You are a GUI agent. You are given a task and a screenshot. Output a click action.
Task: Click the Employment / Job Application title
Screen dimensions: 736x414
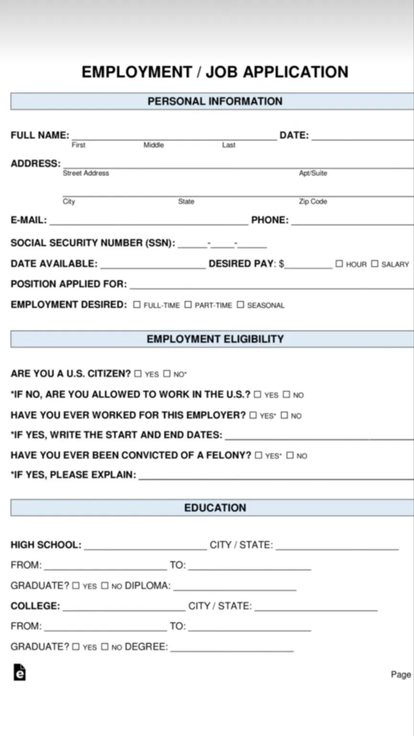[215, 72]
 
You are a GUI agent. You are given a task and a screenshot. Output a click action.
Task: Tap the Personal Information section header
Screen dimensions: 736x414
[215, 101]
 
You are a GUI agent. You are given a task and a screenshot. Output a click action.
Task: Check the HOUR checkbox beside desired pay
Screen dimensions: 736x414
[339, 264]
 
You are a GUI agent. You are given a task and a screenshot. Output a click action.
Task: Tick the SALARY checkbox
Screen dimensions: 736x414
[375, 264]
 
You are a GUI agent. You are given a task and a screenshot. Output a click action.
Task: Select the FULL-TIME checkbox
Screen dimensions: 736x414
[137, 305]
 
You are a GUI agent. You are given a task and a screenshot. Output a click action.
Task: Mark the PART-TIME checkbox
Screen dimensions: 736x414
[188, 305]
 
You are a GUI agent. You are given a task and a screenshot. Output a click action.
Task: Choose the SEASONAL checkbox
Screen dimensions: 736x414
[240, 305]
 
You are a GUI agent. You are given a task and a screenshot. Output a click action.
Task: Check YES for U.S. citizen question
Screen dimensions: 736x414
[138, 374]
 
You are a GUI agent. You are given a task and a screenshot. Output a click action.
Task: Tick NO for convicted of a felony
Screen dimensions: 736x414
[290, 455]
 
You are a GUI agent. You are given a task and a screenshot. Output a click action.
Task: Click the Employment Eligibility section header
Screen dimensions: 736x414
[215, 339]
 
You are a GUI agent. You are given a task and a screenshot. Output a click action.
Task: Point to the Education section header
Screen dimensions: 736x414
[215, 508]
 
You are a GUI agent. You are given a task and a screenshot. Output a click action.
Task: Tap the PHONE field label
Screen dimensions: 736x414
[270, 220]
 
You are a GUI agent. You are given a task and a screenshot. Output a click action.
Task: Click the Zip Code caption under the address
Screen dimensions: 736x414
[313, 202]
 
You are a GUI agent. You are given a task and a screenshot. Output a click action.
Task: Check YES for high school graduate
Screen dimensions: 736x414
[76, 586]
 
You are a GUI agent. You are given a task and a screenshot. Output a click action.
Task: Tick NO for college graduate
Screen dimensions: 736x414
[104, 647]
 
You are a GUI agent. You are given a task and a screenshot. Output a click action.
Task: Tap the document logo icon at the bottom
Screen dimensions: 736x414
[19, 672]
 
